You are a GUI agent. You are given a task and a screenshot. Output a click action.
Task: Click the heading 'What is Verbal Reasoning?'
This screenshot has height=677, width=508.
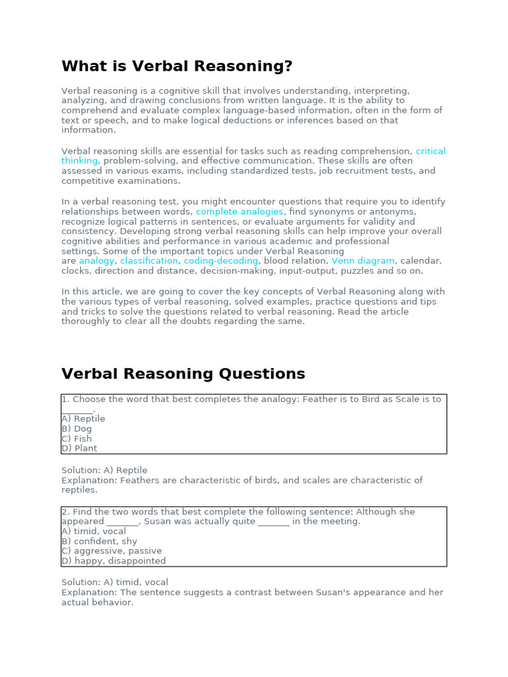click(177, 67)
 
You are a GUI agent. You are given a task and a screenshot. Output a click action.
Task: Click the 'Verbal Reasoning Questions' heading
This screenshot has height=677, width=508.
click(183, 374)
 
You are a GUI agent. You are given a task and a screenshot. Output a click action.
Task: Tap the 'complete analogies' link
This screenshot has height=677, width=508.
click(239, 212)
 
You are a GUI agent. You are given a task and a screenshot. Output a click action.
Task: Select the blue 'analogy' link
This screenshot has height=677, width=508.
click(97, 261)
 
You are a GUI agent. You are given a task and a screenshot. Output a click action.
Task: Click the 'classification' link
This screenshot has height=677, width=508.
click(149, 261)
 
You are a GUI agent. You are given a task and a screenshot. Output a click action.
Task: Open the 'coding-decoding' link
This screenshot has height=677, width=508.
click(221, 261)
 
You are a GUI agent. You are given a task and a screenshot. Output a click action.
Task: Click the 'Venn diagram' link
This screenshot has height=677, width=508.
click(362, 261)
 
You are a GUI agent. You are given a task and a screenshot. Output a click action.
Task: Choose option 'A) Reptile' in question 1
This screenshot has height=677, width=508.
click(83, 418)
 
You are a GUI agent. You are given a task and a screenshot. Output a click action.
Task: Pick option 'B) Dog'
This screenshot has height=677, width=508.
click(77, 428)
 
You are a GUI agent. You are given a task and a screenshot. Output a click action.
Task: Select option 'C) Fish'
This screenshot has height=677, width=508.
click(77, 438)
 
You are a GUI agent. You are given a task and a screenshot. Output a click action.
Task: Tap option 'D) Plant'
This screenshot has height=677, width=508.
click(79, 448)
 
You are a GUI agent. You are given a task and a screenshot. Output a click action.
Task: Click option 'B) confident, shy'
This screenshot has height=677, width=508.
click(99, 541)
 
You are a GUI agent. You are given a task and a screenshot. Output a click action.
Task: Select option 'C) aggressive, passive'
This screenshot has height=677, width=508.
click(112, 551)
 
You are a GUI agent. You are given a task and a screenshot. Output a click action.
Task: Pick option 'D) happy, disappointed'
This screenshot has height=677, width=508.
click(114, 561)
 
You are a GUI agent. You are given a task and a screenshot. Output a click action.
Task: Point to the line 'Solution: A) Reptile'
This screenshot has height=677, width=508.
click(105, 470)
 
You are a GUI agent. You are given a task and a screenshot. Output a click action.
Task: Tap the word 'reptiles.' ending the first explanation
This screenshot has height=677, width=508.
click(79, 490)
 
